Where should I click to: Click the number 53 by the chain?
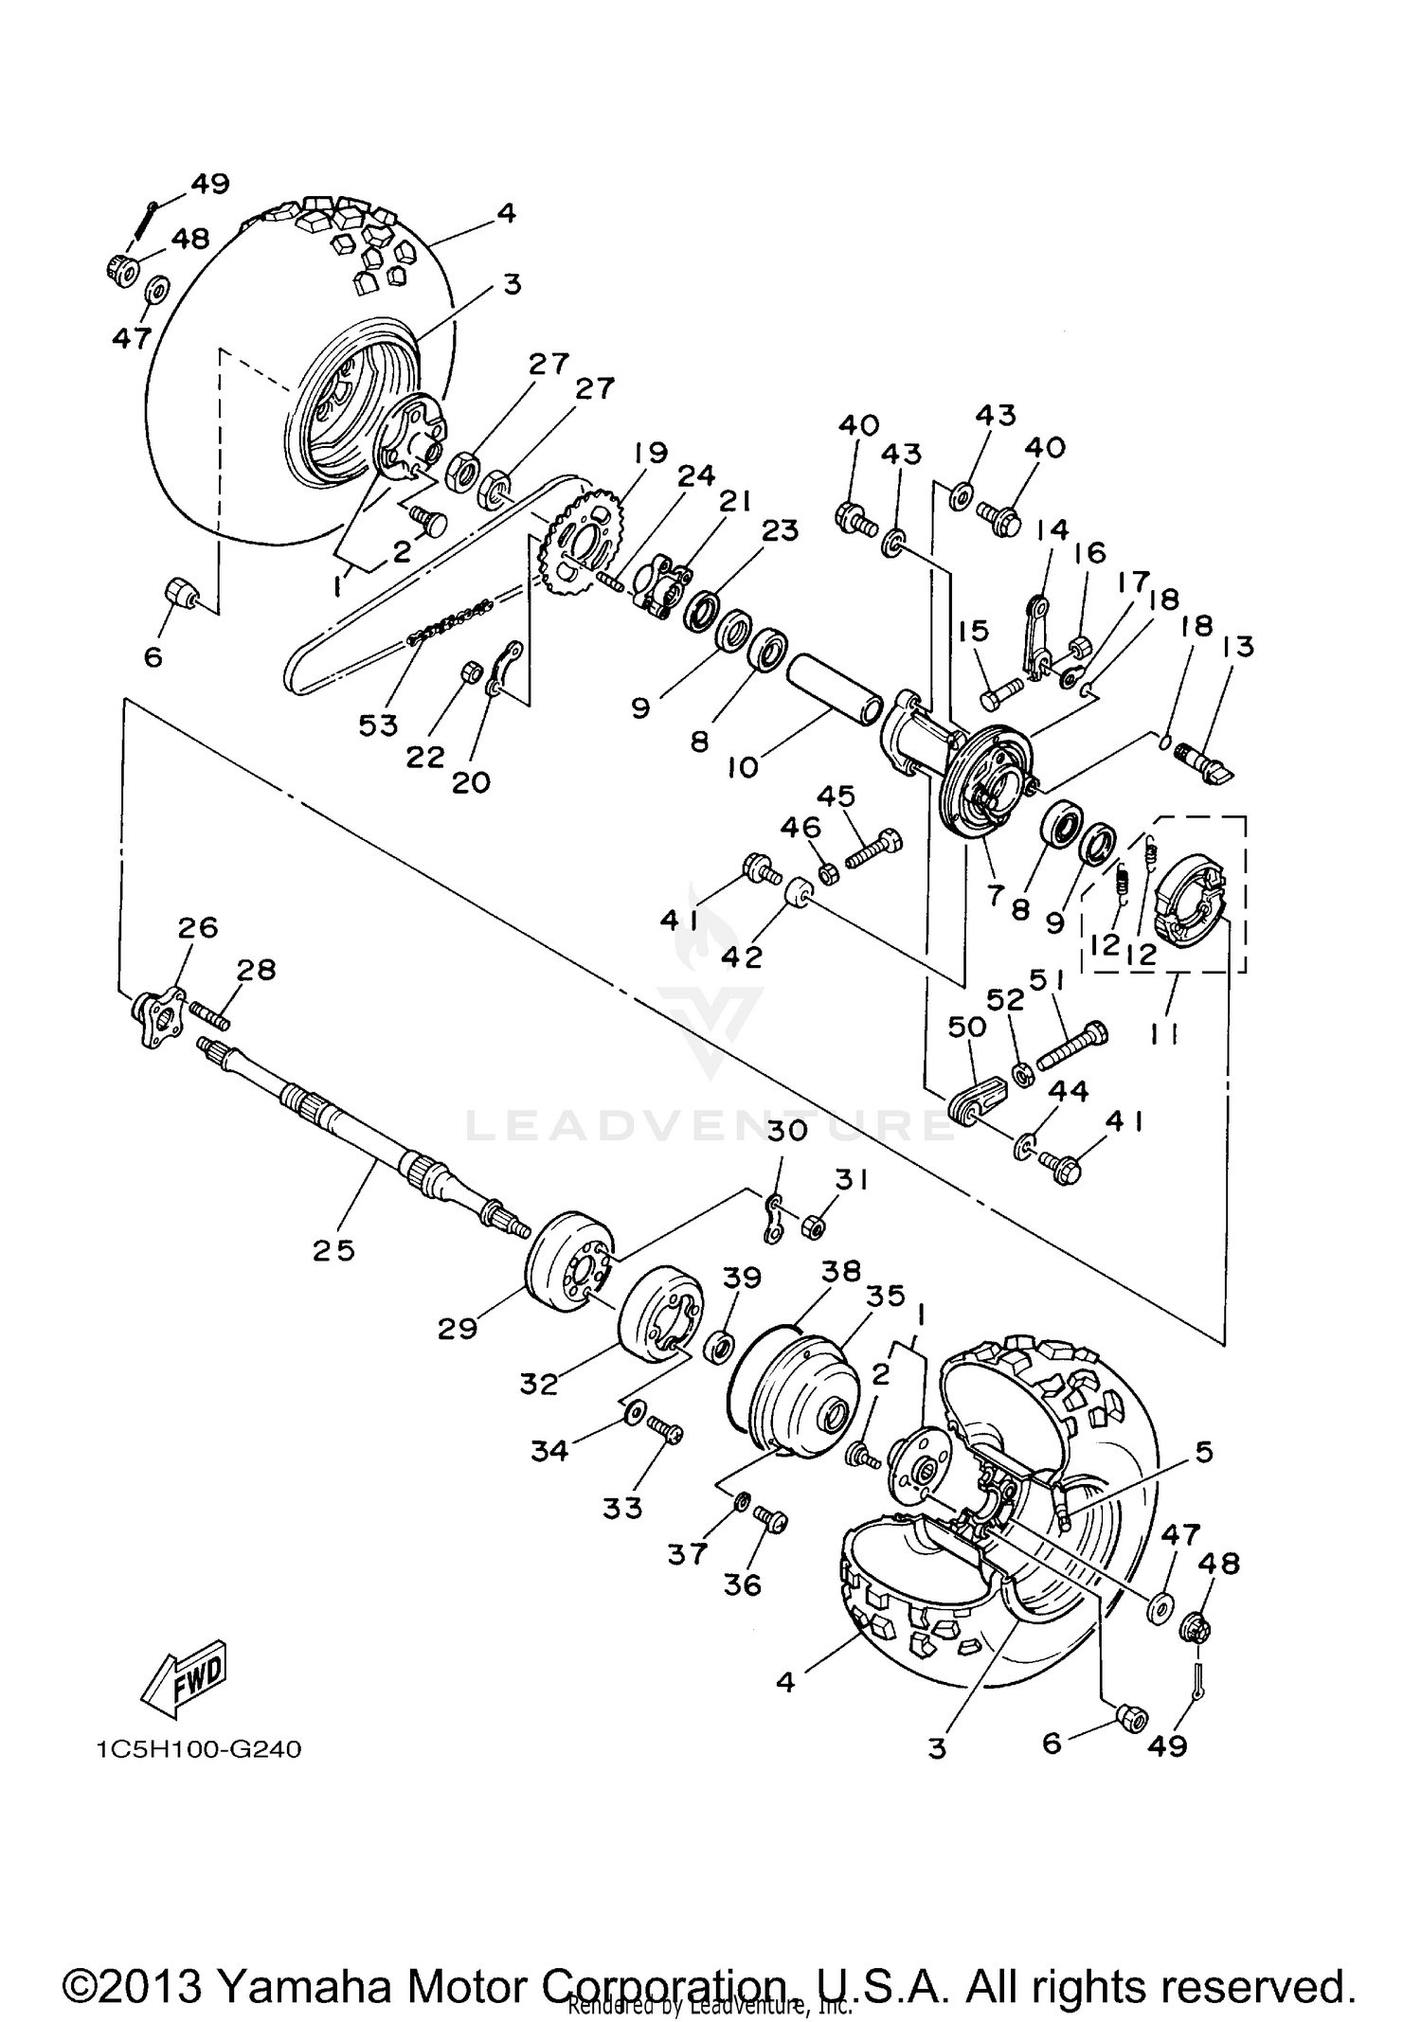click(x=378, y=725)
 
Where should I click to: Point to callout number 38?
click(x=841, y=1270)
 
